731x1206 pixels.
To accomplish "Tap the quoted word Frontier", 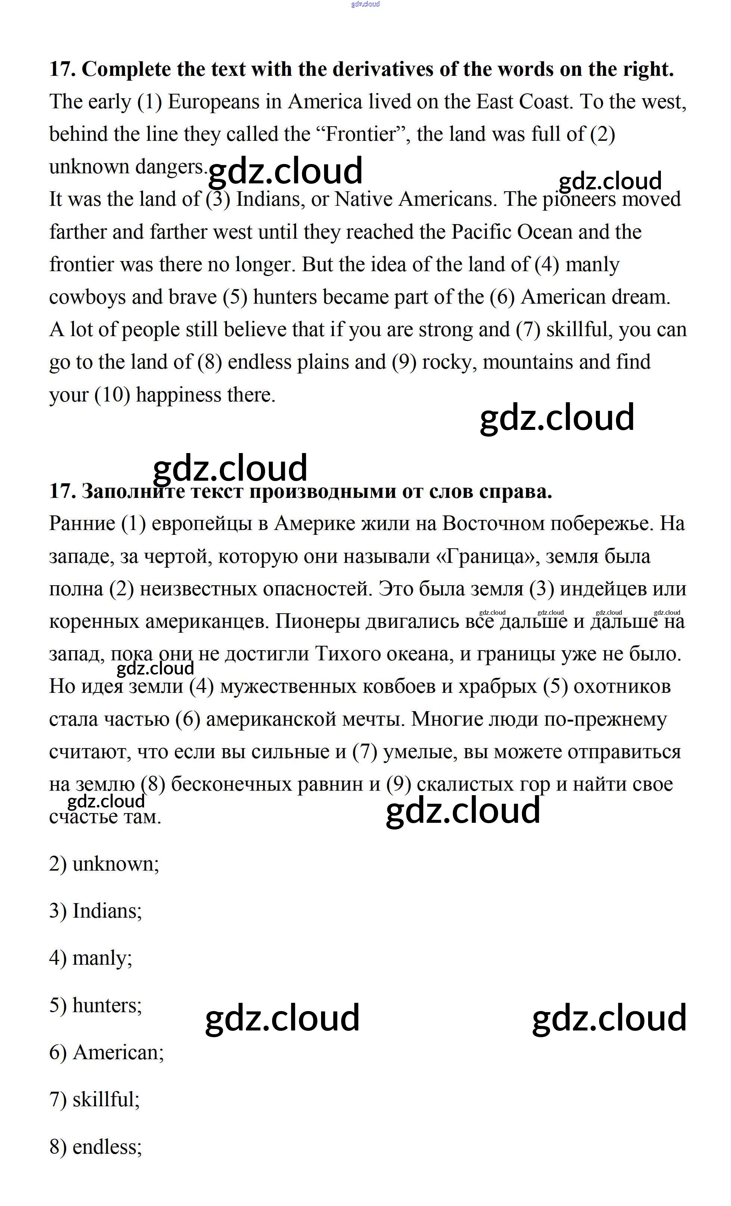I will click(360, 134).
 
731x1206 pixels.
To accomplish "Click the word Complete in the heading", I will click(126, 69).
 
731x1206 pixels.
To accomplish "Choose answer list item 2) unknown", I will click(104, 864).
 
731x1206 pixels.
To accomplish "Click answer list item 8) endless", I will click(96, 1146).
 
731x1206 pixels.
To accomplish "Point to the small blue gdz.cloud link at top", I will click(365, 4).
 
